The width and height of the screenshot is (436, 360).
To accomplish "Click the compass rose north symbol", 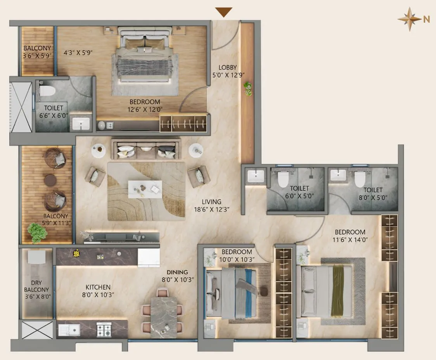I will click(410, 19).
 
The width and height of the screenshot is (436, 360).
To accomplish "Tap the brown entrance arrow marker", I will click(224, 12).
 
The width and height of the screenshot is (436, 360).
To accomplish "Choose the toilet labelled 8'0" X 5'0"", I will click(373, 193).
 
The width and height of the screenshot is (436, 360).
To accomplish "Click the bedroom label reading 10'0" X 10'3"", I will click(237, 256).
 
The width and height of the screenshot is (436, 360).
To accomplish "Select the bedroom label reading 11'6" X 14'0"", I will click(350, 236).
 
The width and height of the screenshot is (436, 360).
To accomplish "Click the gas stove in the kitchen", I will click(104, 330).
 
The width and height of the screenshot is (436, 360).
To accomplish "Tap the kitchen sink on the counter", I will click(70, 330).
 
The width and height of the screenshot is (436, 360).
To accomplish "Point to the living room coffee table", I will click(145, 189).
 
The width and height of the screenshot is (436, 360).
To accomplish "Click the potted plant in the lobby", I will click(247, 89).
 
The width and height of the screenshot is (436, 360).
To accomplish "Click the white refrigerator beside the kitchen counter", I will click(149, 258).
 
